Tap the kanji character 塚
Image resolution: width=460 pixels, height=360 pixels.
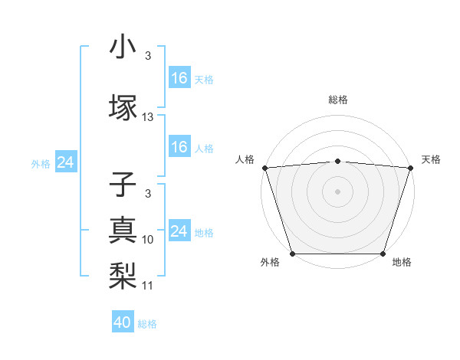coord(123,106)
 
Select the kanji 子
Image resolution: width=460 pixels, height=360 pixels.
coord(123,186)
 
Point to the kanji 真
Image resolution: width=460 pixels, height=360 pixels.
coord(123,229)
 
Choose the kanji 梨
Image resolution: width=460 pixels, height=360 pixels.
coord(123,273)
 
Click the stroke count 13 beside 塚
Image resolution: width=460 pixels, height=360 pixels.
coord(148,117)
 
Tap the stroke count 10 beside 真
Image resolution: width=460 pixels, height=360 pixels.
coord(148,239)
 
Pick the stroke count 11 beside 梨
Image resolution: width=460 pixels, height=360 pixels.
coord(148,285)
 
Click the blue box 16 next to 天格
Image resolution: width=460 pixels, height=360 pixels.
coord(179,77)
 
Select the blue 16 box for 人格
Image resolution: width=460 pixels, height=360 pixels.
coord(179,147)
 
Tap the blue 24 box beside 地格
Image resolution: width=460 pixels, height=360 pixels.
coord(179,231)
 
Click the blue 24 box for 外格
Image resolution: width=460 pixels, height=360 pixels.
coord(65,162)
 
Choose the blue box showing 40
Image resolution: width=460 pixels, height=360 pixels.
coord(123,322)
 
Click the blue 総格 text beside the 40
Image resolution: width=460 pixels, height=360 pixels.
coord(147,324)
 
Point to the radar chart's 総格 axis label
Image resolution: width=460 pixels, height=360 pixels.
coord(337,100)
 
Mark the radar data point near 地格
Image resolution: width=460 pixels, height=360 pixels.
coord(383,254)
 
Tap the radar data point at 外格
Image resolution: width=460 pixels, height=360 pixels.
coord(292,254)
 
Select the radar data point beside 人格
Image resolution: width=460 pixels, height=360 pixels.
coord(264,168)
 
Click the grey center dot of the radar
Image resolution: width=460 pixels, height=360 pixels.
coord(337,191)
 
